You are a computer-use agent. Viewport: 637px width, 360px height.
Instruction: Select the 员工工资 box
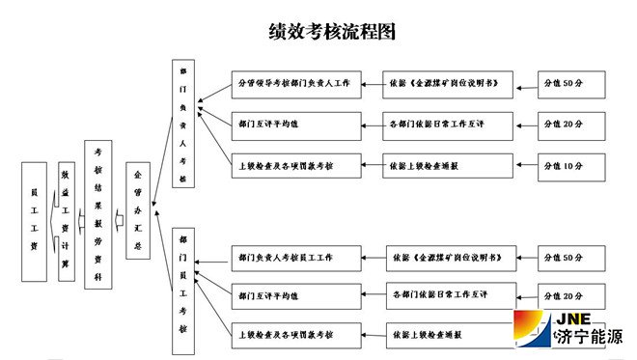pyautogui.click(x=34, y=221)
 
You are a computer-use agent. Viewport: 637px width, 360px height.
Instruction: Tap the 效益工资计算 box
pyautogui.click(x=66, y=221)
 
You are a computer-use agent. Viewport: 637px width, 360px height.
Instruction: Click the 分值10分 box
pyautogui.click(x=573, y=166)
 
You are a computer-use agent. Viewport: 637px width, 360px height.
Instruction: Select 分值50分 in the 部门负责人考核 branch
pyautogui.click(x=573, y=84)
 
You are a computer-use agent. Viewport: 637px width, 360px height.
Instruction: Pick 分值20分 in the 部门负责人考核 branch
pyautogui.click(x=573, y=125)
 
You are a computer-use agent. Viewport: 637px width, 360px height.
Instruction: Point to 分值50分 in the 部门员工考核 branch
pyautogui.click(x=573, y=258)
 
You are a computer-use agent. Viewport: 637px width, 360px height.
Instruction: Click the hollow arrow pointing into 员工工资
pyautogui.click(x=51, y=221)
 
